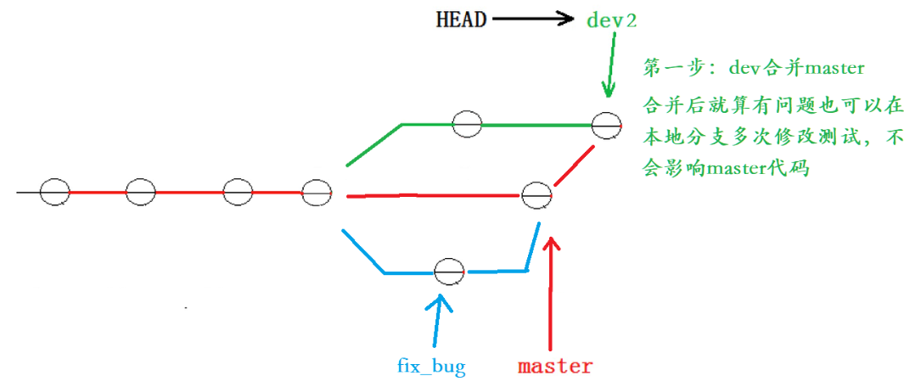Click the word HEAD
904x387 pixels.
pos(461,19)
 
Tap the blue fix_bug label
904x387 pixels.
pos(431,367)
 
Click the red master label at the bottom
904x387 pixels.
pos(555,367)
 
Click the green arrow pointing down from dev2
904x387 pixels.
pos(609,68)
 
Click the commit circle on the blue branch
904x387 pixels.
pos(449,272)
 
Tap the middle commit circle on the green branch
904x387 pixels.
pos(467,124)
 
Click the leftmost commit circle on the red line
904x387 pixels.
pos(54,192)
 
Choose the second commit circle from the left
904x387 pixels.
pos(140,193)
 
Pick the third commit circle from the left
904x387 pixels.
pos(238,193)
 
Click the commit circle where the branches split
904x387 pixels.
pos(316,193)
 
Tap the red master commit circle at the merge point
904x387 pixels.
pos(536,195)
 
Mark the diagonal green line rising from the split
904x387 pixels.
pos(373,144)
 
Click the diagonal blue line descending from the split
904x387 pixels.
pos(362,251)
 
